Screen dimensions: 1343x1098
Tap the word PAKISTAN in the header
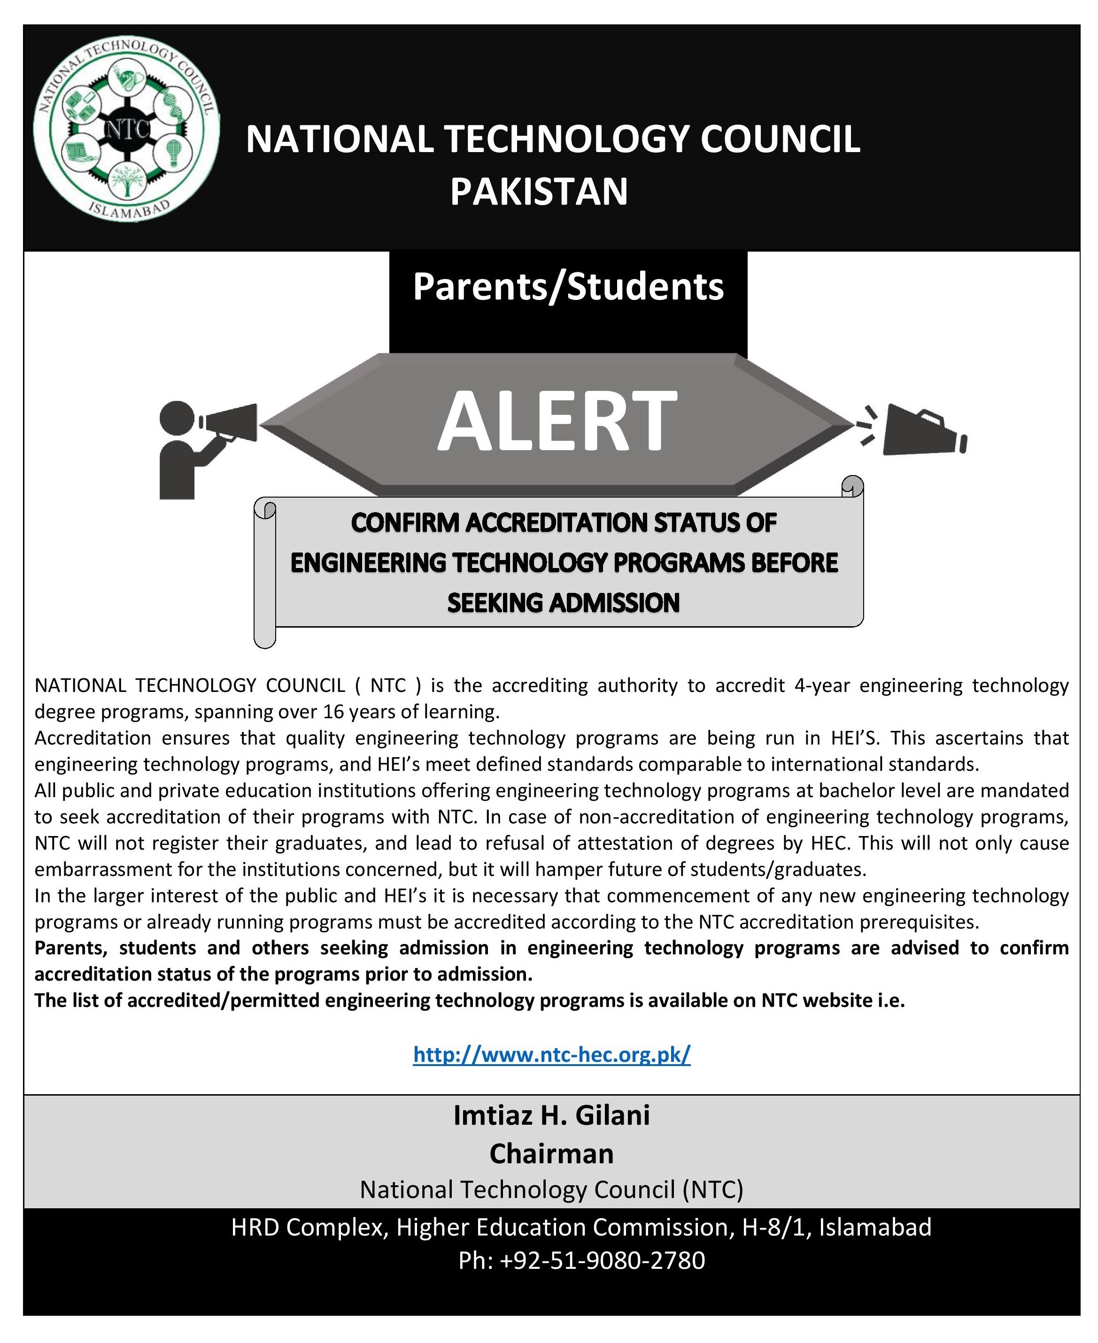click(x=539, y=192)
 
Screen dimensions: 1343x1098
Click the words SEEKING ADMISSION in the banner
click(x=563, y=603)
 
